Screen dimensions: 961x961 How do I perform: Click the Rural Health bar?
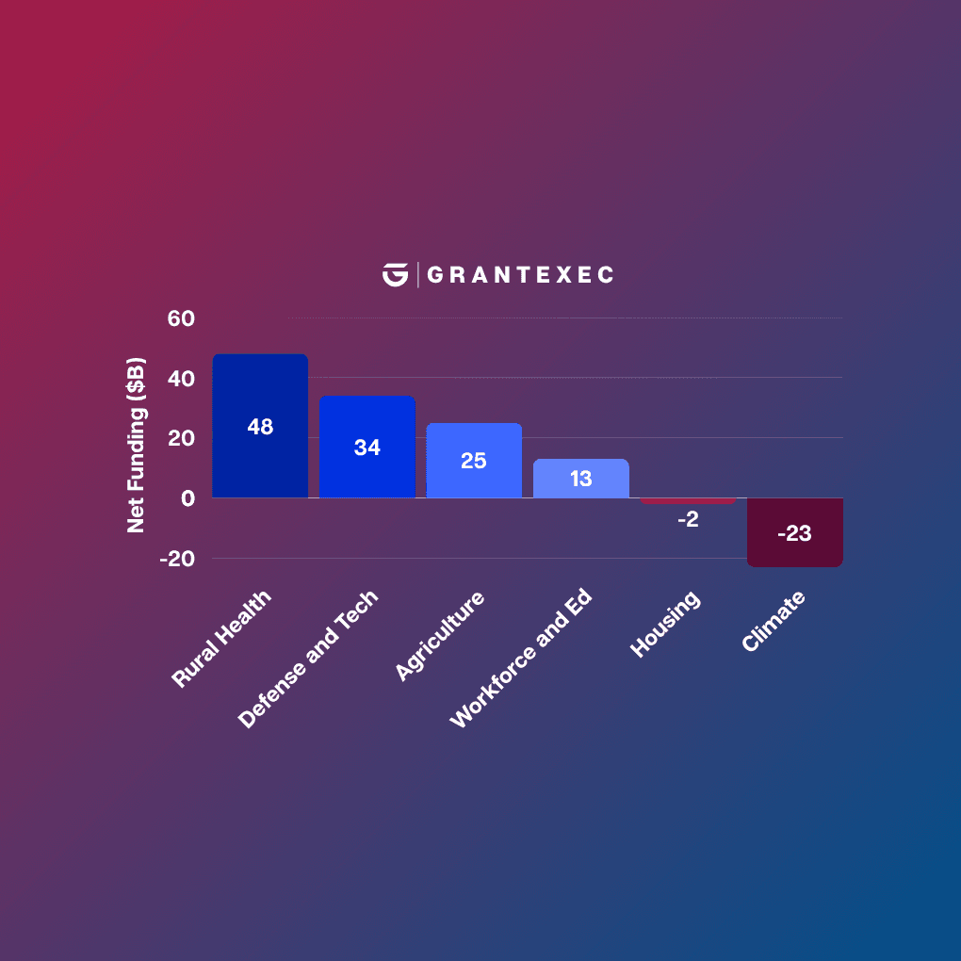point(260,462)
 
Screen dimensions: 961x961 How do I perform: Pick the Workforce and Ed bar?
point(580,490)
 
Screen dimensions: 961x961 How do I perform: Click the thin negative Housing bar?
point(688,500)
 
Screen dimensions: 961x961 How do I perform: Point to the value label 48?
point(260,427)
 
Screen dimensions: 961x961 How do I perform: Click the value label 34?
point(367,448)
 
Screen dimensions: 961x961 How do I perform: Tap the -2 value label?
point(688,519)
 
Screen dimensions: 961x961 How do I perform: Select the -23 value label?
point(794,533)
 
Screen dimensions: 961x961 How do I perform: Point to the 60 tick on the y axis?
point(180,318)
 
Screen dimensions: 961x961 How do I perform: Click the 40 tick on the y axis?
point(180,379)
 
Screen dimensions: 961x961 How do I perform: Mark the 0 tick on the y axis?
point(187,497)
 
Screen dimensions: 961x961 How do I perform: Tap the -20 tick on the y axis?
point(176,558)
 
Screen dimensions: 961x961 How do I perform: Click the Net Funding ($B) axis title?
point(137,445)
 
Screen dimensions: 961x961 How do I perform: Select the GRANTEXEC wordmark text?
point(520,275)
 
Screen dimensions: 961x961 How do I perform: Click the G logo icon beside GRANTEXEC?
point(395,274)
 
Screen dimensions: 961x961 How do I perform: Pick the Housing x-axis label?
point(666,625)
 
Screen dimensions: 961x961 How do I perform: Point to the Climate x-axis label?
point(774,622)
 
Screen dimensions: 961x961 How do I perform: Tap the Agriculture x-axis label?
point(440,636)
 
